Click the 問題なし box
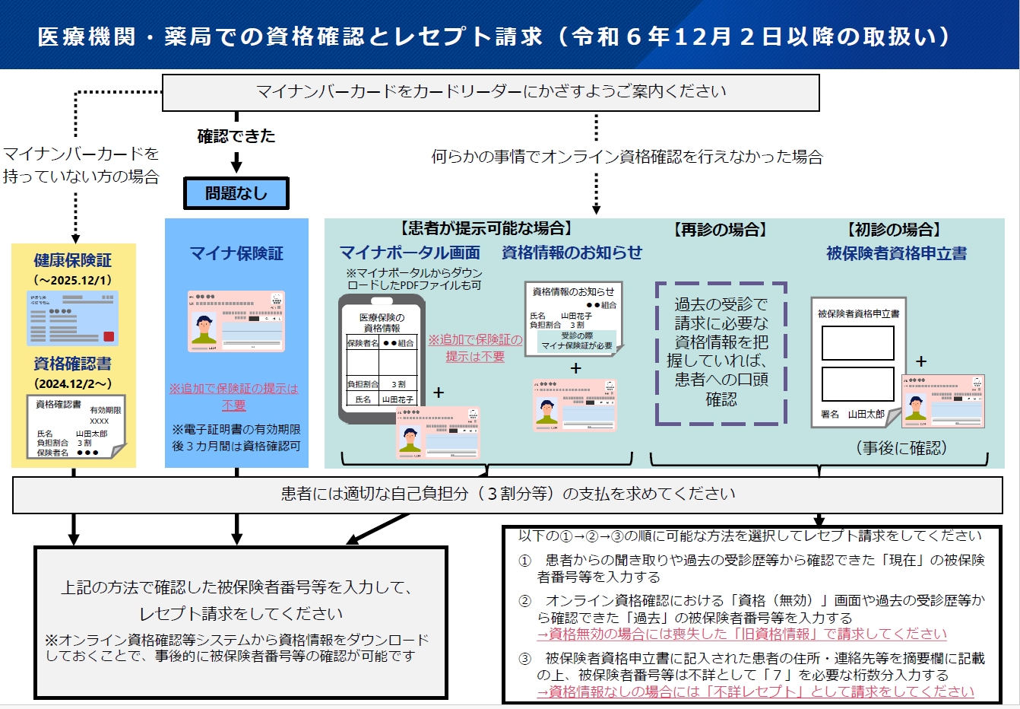[236, 194]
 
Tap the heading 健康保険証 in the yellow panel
[73, 260]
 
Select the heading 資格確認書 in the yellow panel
[73, 364]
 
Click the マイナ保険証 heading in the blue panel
[236, 253]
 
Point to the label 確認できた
[236, 136]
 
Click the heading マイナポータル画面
[410, 253]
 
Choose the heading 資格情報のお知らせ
[572, 253]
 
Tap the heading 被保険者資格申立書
[897, 253]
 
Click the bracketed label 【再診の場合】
[721, 230]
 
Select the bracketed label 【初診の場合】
[894, 230]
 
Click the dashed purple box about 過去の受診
[721, 353]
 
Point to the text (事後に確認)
[901, 448]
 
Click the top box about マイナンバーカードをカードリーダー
[491, 92]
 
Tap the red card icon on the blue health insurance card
[109, 336]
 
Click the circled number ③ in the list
[524, 659]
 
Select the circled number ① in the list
[524, 561]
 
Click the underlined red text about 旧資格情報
[742, 634]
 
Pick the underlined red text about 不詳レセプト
[755, 692]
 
